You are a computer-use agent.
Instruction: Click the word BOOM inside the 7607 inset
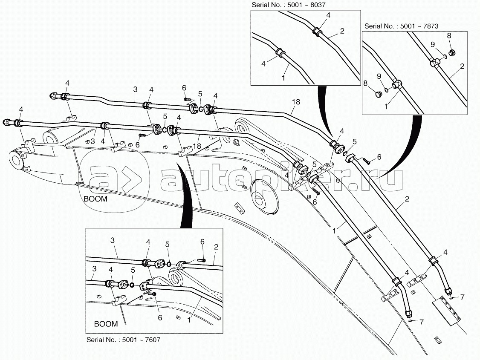[x=106, y=324]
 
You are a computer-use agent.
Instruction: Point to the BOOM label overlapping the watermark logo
[x=95, y=199]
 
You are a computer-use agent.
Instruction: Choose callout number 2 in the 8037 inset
[x=342, y=31]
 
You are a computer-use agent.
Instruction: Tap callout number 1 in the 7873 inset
[x=386, y=107]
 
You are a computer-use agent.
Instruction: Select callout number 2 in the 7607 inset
[x=216, y=247]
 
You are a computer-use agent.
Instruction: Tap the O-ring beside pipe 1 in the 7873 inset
[x=386, y=90]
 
